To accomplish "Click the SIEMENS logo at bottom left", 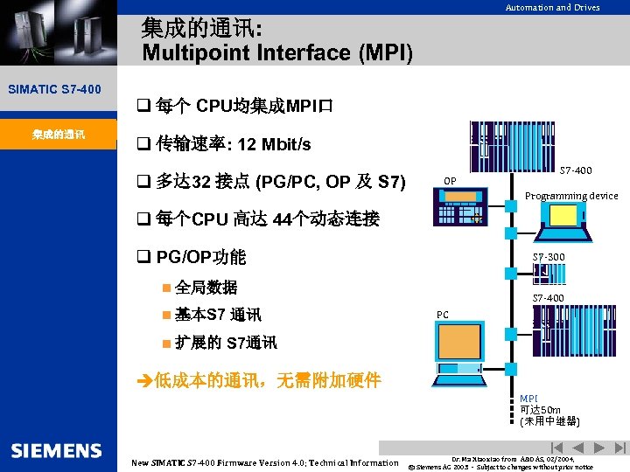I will click(x=57, y=450).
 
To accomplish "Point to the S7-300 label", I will click(x=549, y=256).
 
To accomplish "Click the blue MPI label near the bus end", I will click(x=528, y=399).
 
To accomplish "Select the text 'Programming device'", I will click(x=571, y=196).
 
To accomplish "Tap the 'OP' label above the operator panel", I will click(x=449, y=181).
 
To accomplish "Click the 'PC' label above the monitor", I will click(x=443, y=315).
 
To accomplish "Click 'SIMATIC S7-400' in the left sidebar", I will click(x=54, y=89).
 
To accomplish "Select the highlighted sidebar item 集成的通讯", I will click(x=58, y=135).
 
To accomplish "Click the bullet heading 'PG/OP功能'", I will click(x=200, y=257).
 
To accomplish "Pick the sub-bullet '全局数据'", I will click(x=206, y=288).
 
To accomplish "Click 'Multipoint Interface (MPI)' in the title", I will click(x=276, y=53).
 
